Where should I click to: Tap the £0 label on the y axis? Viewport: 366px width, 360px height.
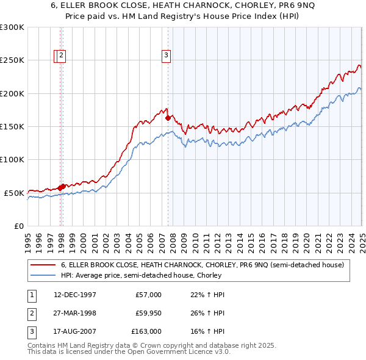click(x=18, y=226)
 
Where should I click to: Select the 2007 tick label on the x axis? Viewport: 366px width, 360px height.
click(x=162, y=239)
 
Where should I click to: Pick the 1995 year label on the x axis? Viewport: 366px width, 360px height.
click(x=28, y=239)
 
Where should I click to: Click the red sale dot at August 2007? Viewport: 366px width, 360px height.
click(x=168, y=118)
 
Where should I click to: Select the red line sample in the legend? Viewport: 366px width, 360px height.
click(x=43, y=265)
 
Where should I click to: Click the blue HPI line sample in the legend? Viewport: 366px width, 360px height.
click(x=43, y=275)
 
